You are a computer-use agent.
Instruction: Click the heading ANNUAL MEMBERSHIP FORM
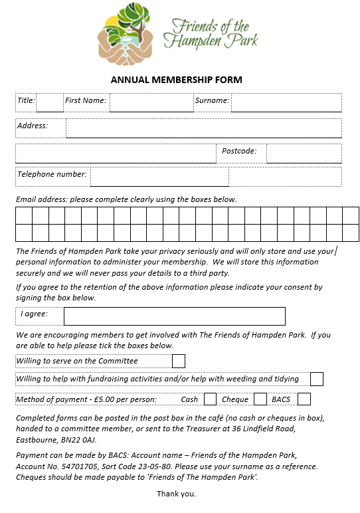click(177, 80)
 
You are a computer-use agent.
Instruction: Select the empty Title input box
click(50, 102)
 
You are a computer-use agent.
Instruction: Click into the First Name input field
click(151, 102)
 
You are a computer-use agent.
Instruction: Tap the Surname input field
click(286, 102)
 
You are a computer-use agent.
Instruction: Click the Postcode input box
click(304, 154)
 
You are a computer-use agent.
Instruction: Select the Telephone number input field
click(159, 177)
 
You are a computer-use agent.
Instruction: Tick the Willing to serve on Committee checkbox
click(179, 361)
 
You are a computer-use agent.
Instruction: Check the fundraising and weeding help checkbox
click(317, 379)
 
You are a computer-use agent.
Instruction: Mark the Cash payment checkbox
click(210, 399)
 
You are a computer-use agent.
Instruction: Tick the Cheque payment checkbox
click(260, 399)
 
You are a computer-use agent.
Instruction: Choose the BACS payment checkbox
click(304, 399)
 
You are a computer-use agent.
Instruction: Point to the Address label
click(33, 126)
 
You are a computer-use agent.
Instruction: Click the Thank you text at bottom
click(176, 494)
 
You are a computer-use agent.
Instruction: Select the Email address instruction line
click(126, 199)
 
